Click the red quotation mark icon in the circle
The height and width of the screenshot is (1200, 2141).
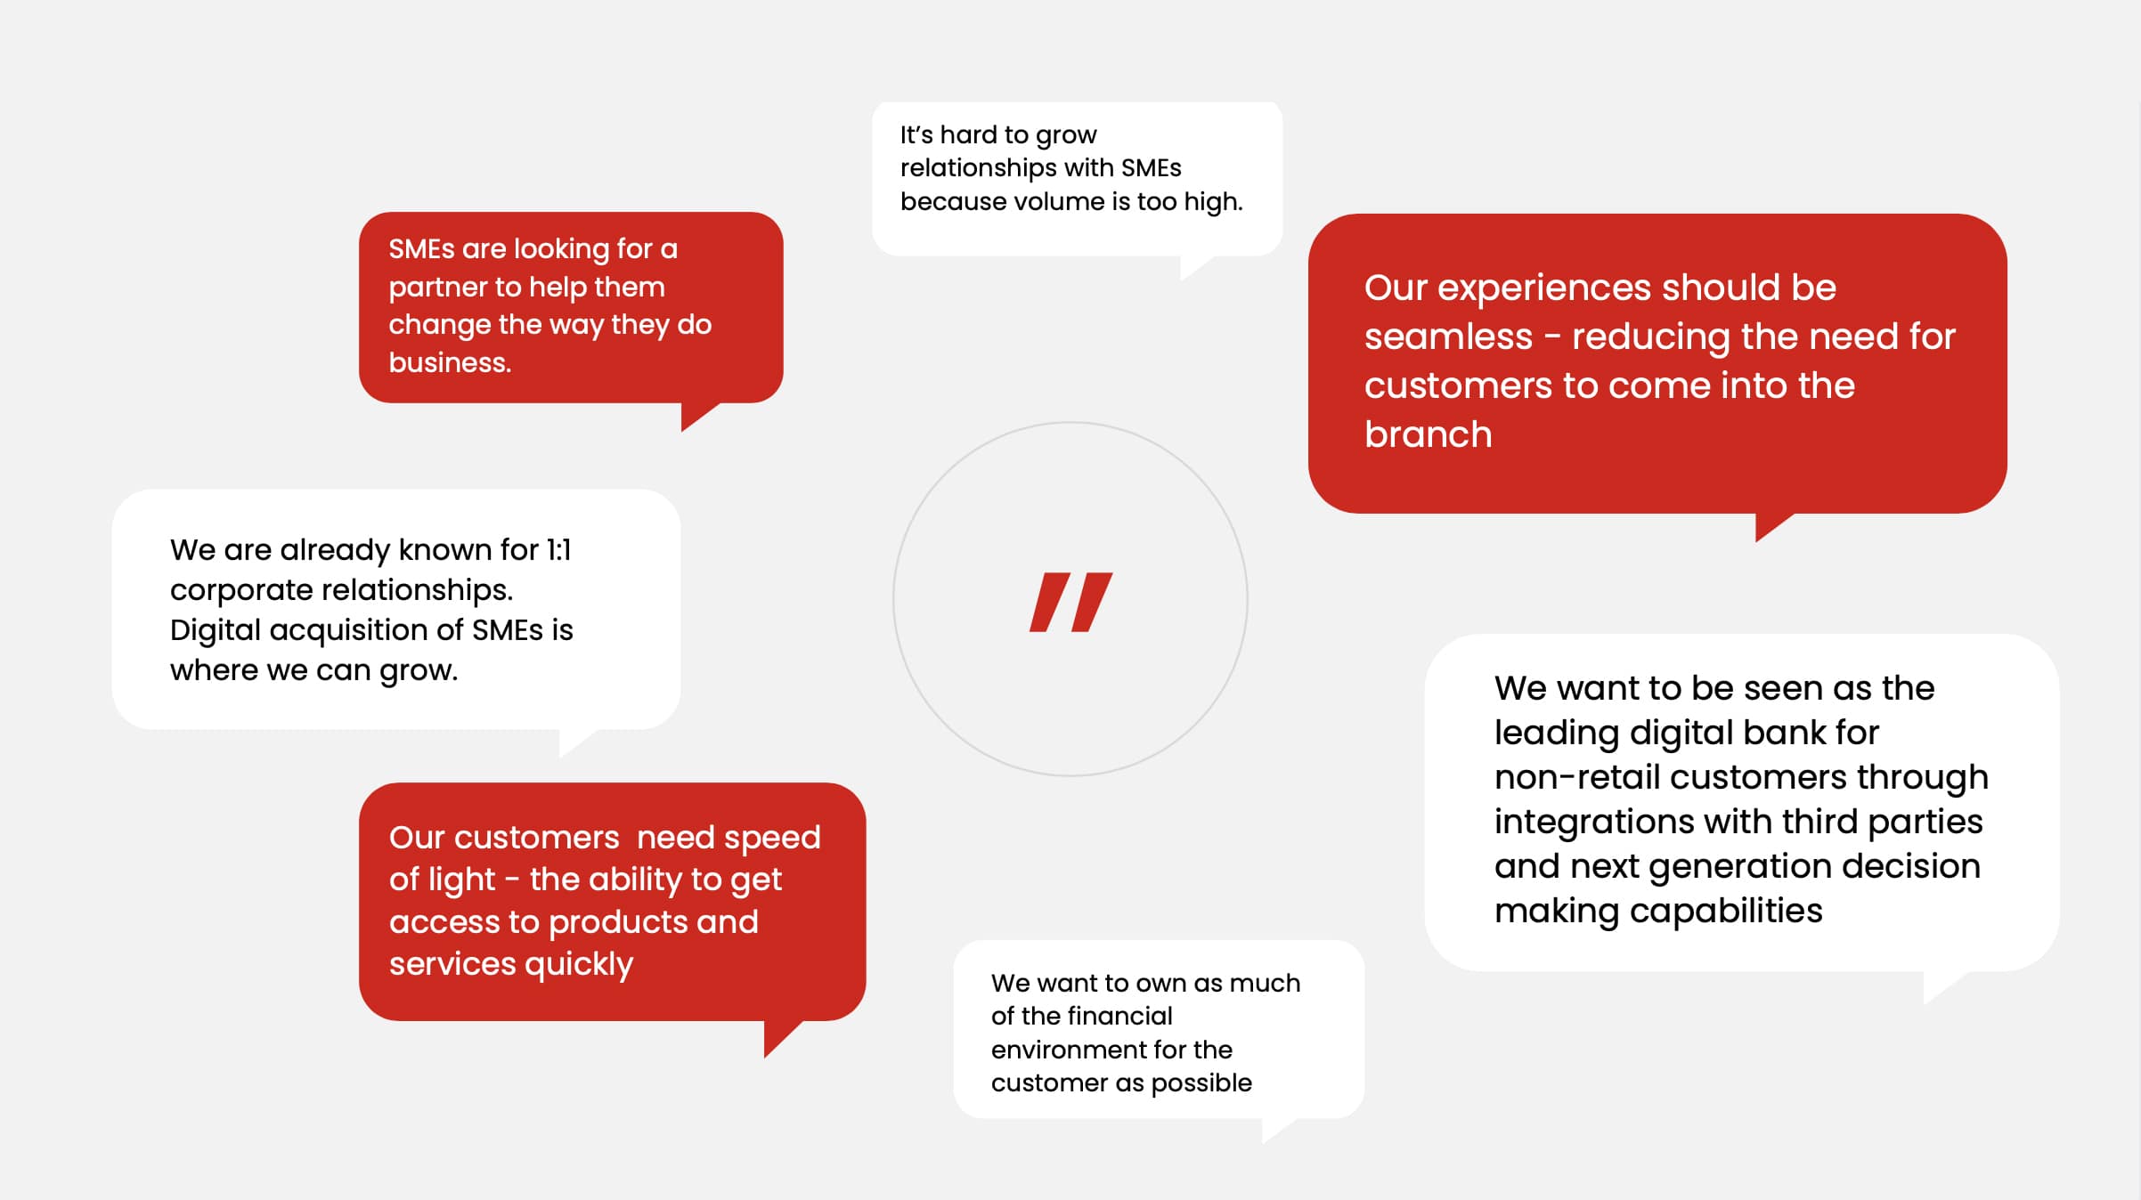[x=1070, y=603]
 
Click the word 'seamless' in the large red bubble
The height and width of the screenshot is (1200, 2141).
[x=1448, y=336]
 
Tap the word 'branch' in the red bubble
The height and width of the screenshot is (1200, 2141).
[x=1428, y=434]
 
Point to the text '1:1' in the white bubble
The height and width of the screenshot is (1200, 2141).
[x=558, y=550]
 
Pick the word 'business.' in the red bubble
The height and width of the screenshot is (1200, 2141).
[x=450, y=362]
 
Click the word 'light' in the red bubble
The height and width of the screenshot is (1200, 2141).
[x=442, y=880]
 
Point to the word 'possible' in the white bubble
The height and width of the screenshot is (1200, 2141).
[x=1201, y=1082]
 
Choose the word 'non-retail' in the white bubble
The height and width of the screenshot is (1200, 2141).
[x=1576, y=777]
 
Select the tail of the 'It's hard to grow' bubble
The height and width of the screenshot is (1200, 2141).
[x=1195, y=266]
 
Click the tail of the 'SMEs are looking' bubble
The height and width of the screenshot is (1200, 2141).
[x=697, y=415]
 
